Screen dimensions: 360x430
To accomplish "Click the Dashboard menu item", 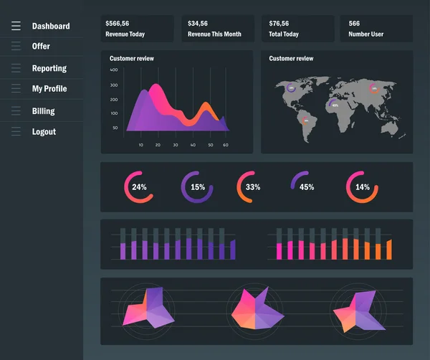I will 50,27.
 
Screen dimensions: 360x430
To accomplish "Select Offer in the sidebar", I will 41,47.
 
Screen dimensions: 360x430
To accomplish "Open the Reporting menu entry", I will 49,69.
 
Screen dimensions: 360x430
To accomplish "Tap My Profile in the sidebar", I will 49,89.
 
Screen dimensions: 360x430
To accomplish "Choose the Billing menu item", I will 43,111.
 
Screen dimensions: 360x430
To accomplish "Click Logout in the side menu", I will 44,132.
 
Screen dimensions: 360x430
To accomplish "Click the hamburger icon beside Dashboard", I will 16,27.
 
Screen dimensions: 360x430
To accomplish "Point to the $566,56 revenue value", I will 118,24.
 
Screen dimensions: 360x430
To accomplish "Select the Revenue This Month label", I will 214,34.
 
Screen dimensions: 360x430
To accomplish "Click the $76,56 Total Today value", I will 279,24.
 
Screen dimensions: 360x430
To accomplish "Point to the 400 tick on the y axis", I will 114,70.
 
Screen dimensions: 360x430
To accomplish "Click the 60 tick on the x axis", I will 225,145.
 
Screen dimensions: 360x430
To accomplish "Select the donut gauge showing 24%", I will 139,187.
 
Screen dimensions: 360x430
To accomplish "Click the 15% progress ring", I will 197,187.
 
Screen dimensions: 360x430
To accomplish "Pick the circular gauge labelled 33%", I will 252,187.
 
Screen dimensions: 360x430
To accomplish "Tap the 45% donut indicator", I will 306,187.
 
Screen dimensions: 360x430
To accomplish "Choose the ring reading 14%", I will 363,187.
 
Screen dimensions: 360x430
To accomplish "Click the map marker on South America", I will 306,120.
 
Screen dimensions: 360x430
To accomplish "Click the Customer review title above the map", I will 291,59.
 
